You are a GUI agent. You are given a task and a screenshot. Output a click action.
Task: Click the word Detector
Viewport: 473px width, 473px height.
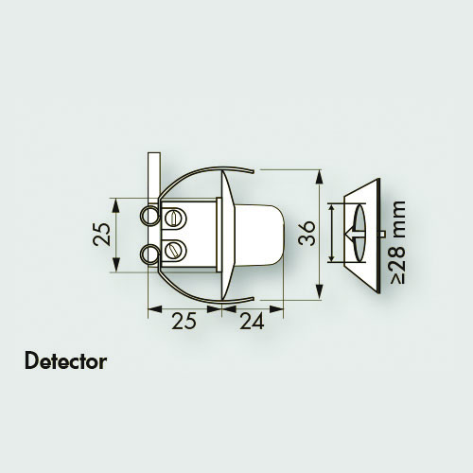pos(65,361)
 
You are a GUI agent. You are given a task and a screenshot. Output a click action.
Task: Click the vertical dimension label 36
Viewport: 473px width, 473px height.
pos(307,234)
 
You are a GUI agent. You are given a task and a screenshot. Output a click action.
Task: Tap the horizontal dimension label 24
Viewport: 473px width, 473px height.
pos(252,322)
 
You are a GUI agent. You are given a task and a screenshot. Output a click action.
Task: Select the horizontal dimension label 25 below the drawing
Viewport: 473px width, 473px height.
pos(184,322)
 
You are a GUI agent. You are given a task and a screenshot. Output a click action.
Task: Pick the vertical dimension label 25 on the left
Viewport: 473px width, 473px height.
pos(102,235)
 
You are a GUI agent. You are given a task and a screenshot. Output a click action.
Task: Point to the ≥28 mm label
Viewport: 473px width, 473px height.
pos(397,242)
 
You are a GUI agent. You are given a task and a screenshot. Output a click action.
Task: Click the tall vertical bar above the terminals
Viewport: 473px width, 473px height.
pos(154,178)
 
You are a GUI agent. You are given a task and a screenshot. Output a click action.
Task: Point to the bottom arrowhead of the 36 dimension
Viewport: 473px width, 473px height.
pos(320,291)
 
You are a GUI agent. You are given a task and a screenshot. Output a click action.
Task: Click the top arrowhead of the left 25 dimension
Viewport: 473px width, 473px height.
pos(116,205)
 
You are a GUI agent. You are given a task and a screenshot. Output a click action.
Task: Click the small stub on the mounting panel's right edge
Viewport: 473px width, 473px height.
pos(382,234)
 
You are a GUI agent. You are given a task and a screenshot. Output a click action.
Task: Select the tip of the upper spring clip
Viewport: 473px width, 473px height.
pos(253,171)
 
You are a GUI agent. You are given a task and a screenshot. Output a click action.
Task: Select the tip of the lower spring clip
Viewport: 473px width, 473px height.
pos(253,298)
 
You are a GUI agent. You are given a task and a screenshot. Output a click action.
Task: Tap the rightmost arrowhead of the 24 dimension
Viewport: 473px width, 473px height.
pos(276,309)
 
